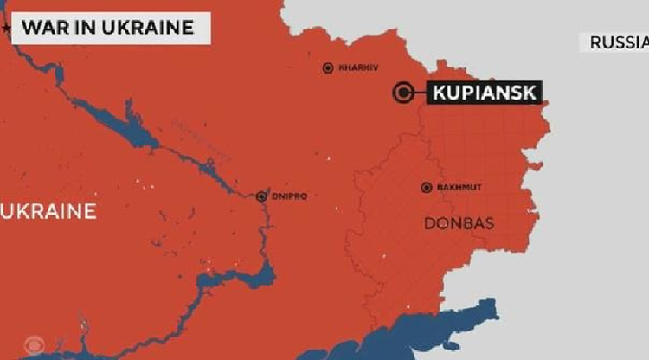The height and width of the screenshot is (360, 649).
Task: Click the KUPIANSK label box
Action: [x=484, y=92]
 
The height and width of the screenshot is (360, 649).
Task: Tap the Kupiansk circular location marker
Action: [x=402, y=93]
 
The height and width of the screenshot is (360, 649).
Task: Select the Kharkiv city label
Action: [x=359, y=67]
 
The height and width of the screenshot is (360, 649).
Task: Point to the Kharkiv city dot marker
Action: [x=328, y=67]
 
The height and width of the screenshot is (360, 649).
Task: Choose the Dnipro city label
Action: [x=290, y=196]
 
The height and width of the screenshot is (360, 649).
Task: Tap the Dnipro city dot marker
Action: [x=261, y=196]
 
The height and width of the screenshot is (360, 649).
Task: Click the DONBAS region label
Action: [x=459, y=223]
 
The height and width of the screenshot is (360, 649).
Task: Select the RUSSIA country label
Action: [x=618, y=42]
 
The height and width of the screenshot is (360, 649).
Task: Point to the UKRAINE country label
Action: [x=48, y=211]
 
